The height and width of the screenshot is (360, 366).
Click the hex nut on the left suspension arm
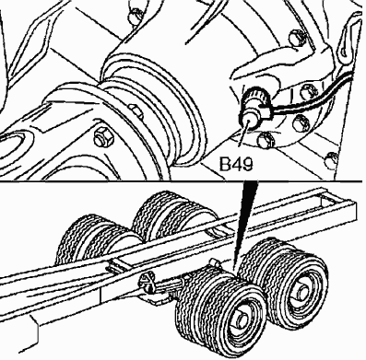103,136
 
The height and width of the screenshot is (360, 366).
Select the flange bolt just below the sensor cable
301,122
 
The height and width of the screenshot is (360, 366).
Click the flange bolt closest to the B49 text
266,140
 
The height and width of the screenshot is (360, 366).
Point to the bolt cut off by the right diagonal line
332,160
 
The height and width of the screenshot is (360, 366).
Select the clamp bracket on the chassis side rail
147,283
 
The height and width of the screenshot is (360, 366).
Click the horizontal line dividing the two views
182,180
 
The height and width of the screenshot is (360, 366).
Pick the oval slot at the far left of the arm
15,147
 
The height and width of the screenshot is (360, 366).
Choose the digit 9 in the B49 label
248,164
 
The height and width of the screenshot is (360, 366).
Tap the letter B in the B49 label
225,164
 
